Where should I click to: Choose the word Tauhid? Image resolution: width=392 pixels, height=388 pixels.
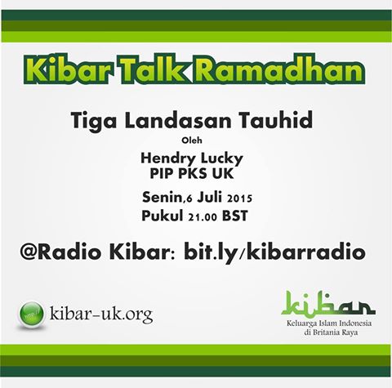click(275, 120)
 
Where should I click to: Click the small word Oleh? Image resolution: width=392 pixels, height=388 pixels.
click(192, 140)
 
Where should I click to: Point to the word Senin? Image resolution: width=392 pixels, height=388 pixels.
click(162, 198)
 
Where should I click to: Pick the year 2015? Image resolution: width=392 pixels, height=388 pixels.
click(239, 198)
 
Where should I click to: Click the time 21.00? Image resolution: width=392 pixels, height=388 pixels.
click(203, 217)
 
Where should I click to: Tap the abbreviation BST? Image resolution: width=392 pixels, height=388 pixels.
click(235, 216)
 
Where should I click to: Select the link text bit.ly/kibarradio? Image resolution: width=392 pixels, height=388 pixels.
click(274, 252)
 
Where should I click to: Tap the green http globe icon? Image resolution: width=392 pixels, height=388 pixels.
click(32, 314)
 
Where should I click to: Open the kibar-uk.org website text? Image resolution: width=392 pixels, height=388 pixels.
click(101, 314)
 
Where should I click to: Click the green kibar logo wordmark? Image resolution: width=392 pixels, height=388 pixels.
click(328, 303)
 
